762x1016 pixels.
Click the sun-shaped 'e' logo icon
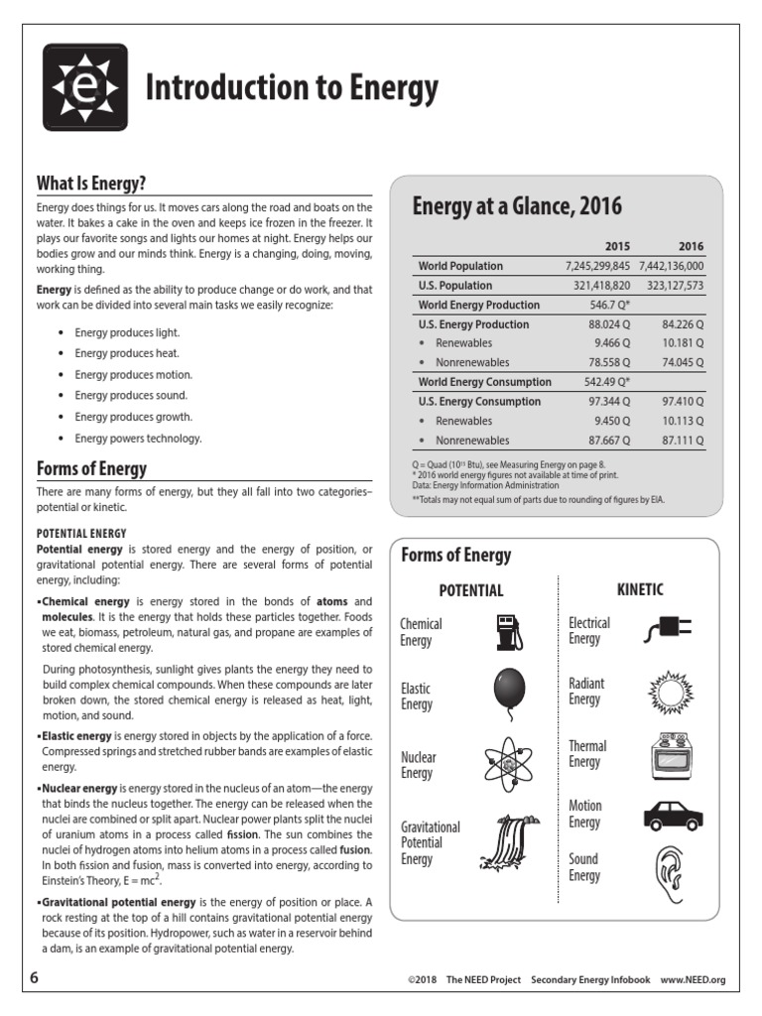[84, 86]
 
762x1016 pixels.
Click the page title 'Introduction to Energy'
[291, 89]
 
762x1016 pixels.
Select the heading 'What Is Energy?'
[91, 183]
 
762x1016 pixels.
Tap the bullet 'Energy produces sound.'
[133, 396]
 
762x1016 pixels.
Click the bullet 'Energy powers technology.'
[138, 438]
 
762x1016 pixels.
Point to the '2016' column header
[691, 246]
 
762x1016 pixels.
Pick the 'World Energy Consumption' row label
[484, 382]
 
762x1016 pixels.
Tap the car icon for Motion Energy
[673, 815]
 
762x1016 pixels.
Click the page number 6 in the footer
[35, 977]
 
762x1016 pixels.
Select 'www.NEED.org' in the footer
[694, 979]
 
